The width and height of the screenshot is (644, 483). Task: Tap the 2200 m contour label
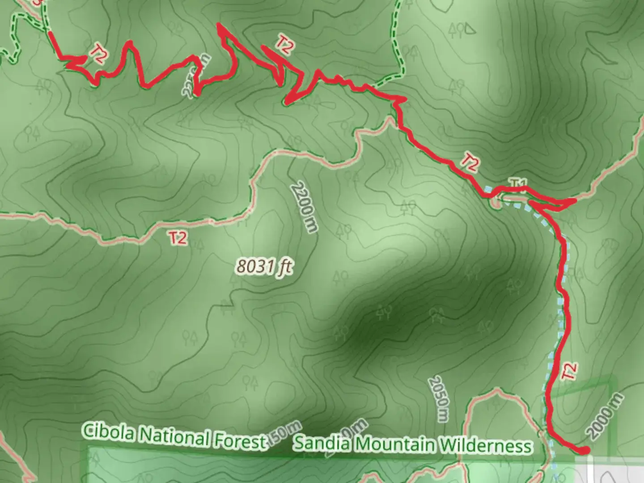[304, 207]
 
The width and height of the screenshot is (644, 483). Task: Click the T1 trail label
[518, 183]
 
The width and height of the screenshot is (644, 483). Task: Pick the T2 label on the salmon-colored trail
[178, 237]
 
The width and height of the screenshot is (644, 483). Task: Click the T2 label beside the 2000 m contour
[569, 371]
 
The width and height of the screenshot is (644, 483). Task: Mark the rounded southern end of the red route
[584, 450]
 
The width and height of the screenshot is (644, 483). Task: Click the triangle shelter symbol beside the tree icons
[470, 30]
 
